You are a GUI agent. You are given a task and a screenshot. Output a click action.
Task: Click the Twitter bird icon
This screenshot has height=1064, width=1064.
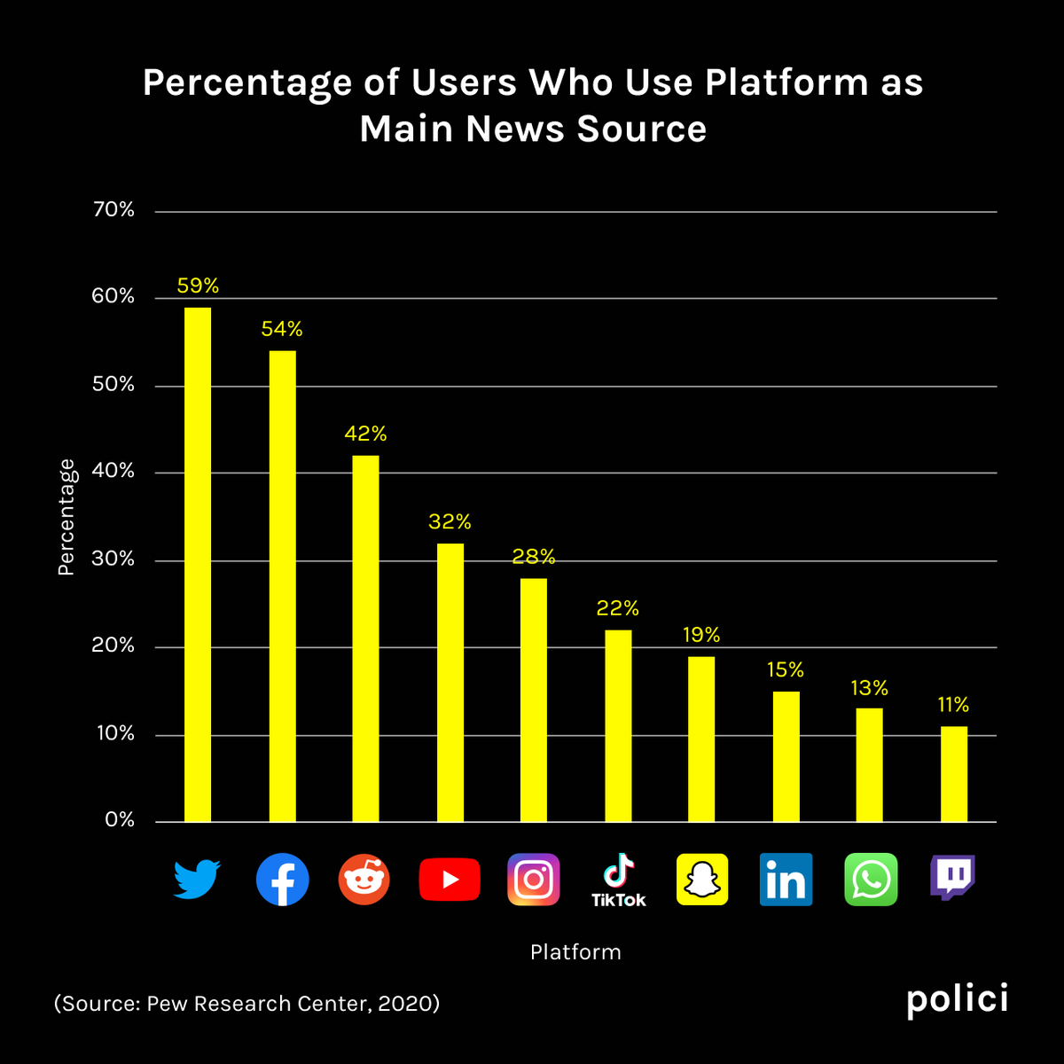197,879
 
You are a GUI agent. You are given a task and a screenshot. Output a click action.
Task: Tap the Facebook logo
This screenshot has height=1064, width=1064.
282,880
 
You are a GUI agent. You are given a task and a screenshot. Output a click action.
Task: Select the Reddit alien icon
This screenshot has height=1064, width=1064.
364,880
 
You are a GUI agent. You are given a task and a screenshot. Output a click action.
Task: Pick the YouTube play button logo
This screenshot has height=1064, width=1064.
450,880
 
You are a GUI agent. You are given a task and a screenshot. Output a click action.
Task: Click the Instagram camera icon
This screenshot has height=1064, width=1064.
534,880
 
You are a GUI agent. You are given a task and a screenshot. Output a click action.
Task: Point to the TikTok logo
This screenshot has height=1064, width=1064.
618,880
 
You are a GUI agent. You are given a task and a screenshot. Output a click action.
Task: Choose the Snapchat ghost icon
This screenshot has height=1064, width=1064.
702,880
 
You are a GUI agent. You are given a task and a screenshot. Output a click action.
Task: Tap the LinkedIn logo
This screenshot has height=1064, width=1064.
786,880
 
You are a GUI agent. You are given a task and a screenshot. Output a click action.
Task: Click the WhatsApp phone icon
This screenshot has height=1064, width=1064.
871,880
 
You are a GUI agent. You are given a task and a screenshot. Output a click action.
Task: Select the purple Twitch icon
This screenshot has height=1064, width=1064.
953,878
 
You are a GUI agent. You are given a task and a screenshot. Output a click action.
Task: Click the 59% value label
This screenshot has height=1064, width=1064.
198,286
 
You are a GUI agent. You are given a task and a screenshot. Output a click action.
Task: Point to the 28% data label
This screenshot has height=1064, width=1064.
534,557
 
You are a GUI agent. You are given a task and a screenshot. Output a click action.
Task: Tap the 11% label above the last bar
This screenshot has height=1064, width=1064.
953,705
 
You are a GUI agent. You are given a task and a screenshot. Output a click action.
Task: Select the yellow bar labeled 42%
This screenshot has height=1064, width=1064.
365,638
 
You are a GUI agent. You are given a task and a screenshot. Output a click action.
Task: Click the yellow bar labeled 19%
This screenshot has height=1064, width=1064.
701,739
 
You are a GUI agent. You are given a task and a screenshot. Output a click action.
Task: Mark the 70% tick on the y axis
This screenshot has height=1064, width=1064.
113,210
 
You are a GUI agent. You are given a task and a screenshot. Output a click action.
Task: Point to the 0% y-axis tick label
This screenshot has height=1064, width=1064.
120,820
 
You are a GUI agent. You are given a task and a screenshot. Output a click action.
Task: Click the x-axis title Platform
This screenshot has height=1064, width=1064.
576,952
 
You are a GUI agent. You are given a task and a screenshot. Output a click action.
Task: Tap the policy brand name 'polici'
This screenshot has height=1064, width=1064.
958,999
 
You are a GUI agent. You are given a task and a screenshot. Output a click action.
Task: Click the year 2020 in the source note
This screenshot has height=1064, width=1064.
404,1003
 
